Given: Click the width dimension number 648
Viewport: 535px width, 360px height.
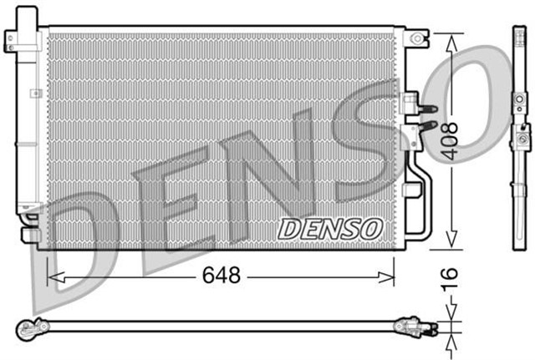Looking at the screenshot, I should [x=222, y=275].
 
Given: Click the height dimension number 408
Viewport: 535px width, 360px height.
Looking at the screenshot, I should [x=451, y=140].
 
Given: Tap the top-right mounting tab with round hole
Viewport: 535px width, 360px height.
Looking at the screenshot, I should [x=415, y=38].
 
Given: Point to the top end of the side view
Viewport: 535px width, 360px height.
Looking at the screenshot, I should [x=517, y=32].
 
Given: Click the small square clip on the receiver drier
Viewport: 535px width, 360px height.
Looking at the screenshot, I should [x=37, y=93].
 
